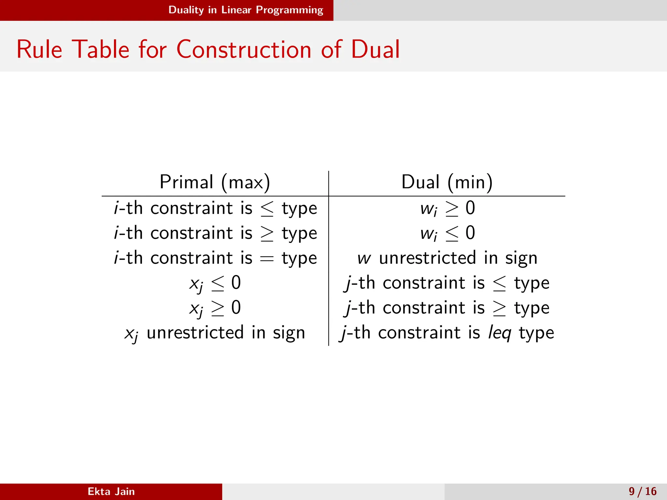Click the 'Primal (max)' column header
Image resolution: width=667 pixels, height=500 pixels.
[215, 182]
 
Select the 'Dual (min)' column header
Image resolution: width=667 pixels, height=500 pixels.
[447, 182]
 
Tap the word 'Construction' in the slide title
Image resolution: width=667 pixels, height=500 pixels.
[244, 49]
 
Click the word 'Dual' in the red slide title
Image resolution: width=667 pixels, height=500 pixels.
[375, 49]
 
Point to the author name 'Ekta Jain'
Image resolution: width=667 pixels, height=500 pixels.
[111, 491]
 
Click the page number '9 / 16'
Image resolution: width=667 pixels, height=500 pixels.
[643, 491]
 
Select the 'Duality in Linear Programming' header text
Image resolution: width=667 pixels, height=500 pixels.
[246, 10]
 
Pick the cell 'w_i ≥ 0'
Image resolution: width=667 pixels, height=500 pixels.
[447, 208]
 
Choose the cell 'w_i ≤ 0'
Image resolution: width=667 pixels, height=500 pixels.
[447, 233]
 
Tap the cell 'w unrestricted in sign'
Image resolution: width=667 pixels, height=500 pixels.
[447, 258]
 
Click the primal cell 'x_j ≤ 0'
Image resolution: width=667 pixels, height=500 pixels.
[215, 283]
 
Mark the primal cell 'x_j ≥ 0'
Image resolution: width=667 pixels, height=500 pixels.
[215, 308]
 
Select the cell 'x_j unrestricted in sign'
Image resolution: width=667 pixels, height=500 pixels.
[215, 333]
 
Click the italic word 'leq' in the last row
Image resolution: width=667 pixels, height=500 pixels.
[500, 333]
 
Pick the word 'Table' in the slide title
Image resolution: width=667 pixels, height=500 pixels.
[101, 49]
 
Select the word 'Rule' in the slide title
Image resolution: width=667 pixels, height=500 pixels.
[39, 49]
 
